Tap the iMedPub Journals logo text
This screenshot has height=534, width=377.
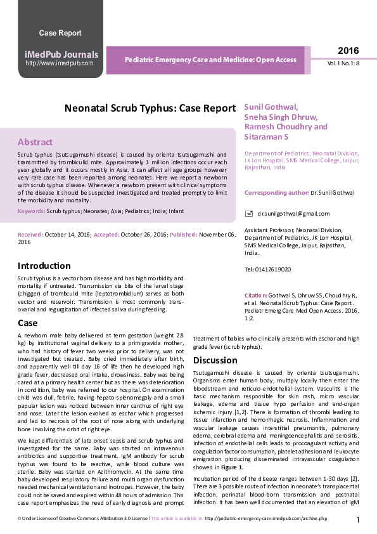point(61,55)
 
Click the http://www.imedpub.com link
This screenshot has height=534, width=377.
point(60,63)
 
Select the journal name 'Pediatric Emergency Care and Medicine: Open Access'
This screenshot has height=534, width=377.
point(210,60)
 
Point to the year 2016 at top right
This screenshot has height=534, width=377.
point(348,51)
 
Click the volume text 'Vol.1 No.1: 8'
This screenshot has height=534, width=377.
point(343,64)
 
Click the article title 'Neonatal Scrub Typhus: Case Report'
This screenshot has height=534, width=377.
point(150,108)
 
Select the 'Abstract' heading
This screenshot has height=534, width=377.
point(35,142)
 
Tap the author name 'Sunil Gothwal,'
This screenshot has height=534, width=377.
point(271,107)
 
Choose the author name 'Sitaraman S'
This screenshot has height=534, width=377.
point(267,137)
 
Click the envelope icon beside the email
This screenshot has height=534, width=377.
point(248,214)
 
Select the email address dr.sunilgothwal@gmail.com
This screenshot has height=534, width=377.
point(284,214)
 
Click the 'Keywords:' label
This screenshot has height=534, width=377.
point(31,211)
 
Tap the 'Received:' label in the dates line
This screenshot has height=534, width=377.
point(30,235)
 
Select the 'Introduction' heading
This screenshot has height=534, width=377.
point(44,266)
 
